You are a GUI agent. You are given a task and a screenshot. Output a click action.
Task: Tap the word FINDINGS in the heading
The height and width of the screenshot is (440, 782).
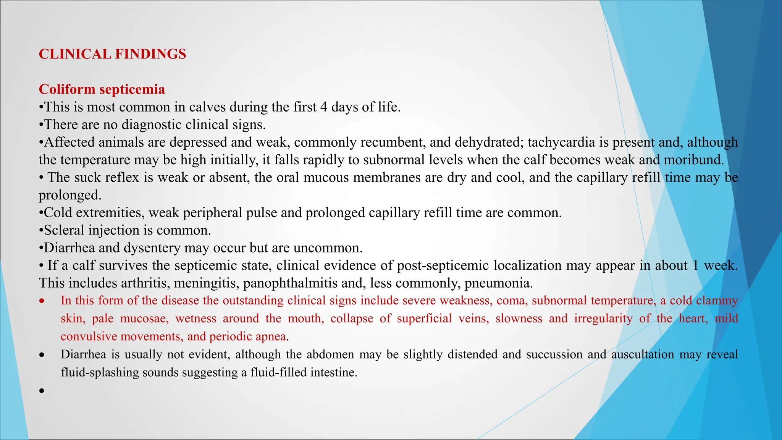150,54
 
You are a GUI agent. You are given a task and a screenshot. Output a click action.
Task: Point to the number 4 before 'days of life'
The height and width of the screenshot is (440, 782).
324,107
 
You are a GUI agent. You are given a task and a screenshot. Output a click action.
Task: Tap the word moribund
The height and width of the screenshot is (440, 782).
693,160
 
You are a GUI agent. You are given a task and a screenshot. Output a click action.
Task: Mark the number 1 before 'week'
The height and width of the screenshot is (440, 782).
695,265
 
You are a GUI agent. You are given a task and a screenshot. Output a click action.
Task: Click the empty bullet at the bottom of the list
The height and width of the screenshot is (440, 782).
42,390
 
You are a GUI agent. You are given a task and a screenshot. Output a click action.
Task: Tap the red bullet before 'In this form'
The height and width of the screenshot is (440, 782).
42,301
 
